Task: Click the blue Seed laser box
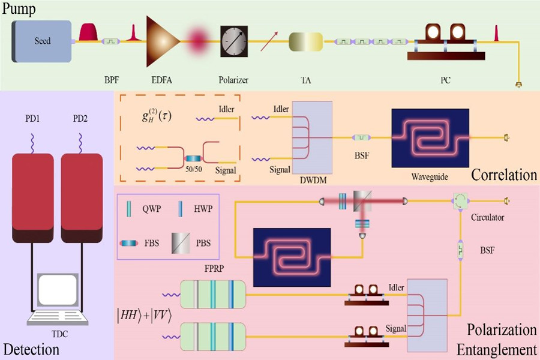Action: pos(43,41)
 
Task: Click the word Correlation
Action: pos(503,175)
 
